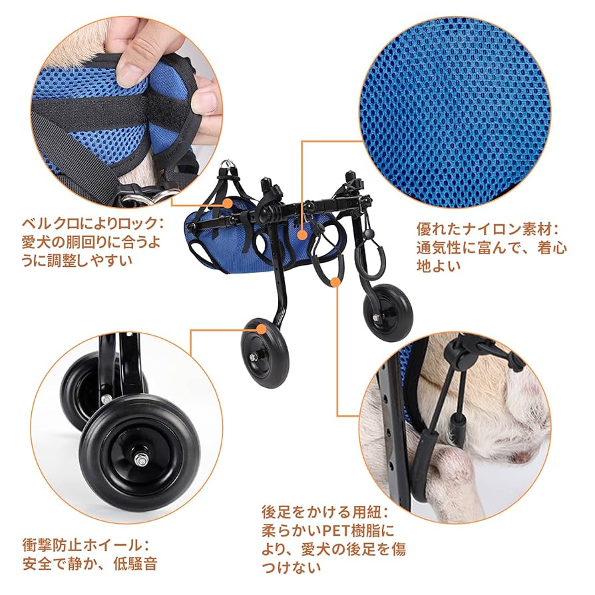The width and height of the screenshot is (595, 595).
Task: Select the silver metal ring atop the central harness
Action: pyautogui.click(x=230, y=164)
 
